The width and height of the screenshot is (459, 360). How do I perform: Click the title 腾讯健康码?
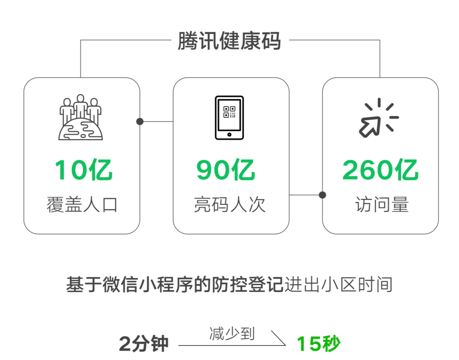[229, 42]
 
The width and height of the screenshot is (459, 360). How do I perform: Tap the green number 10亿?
[84, 170]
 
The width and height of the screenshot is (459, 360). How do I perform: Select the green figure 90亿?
[226, 170]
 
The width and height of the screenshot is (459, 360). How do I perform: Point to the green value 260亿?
[380, 170]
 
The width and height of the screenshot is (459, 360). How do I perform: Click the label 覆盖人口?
[82, 205]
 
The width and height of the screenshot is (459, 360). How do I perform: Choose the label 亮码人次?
[230, 205]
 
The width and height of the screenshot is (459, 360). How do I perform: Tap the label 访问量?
[382, 205]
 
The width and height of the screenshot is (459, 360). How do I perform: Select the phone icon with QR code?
[229, 117]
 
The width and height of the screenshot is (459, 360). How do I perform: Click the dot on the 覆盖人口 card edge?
[140, 122]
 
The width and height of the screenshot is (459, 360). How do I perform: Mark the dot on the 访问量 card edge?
[323, 195]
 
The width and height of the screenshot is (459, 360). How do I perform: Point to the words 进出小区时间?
[338, 285]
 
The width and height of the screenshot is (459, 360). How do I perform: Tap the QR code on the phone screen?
[229, 112]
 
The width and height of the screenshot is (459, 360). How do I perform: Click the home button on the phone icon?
[229, 134]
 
